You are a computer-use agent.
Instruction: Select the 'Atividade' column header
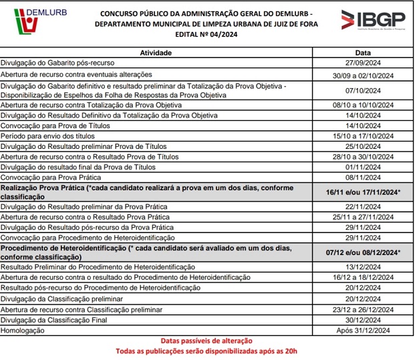coord(156,52)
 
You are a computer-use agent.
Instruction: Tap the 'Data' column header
coord(363,52)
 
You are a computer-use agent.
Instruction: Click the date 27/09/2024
coord(363,62)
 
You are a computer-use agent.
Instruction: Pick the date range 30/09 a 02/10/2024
coord(363,74)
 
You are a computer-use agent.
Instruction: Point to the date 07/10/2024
coord(363,90)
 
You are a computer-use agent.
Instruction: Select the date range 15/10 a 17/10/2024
coord(363,136)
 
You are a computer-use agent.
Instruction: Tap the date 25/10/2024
coord(363,146)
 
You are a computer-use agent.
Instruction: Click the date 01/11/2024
coord(363,167)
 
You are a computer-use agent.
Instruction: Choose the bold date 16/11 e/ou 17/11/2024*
coord(363,193)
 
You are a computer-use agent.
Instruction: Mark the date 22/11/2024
coord(363,208)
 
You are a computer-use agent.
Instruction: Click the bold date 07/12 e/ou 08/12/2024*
coord(363,252)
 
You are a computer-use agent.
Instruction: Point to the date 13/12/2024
coord(363,267)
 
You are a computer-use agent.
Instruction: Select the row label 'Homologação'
coord(24,330)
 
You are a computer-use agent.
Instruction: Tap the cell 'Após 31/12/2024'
coord(363,330)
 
